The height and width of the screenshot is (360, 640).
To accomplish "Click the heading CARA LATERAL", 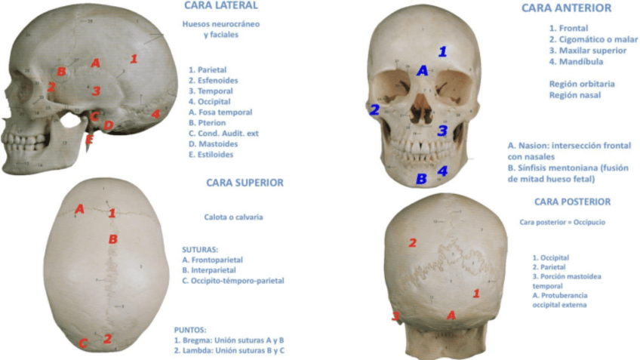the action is pos(221,6).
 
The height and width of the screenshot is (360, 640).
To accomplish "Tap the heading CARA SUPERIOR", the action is pos(245,183).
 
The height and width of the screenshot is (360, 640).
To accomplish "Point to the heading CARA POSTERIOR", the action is pos(572,202).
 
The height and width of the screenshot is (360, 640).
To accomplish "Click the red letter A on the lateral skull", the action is pos(95,63).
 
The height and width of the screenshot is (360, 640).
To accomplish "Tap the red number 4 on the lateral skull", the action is pos(155,114).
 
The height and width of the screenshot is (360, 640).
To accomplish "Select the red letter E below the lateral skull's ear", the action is pos(89,140).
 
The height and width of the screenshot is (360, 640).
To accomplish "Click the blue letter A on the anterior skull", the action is pos(423,70).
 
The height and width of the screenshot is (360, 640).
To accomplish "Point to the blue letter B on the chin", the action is pos(422,179).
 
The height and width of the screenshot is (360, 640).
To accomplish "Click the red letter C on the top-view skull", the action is pos(83,344).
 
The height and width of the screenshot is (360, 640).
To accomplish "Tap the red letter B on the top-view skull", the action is pos(112,239).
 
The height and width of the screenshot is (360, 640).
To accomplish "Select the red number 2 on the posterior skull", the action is pos(412,242).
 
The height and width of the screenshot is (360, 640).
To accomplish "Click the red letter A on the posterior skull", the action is pos(451,315).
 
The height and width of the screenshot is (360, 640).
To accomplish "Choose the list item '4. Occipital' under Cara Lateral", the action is pos(210,101).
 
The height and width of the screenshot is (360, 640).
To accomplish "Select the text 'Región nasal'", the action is pos(574,95).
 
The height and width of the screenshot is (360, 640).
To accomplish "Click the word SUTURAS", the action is pos(200,248).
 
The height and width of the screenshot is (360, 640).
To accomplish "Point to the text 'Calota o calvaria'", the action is pos(233,217).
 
